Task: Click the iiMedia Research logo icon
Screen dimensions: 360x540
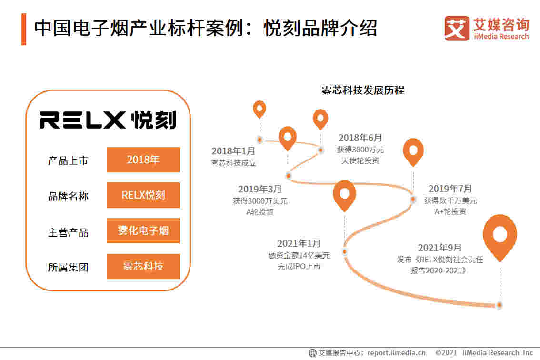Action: click(456, 29)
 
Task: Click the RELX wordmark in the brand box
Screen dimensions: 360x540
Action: click(82, 120)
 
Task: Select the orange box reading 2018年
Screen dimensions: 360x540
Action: click(143, 160)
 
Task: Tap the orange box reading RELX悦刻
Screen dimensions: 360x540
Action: click(143, 195)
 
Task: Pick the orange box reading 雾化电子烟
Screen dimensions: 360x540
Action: click(143, 231)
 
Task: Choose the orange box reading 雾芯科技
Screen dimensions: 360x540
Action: click(143, 266)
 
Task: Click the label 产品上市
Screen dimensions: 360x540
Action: click(68, 160)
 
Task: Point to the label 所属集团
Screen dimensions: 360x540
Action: click(68, 267)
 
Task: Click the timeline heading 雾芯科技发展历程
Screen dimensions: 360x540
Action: click(363, 90)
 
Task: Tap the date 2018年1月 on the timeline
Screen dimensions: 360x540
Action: click(233, 151)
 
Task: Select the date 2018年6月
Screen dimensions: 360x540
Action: click(360, 138)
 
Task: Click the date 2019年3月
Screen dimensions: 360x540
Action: click(260, 189)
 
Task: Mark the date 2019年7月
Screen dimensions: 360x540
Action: click(450, 189)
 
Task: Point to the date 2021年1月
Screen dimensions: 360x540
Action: click(299, 243)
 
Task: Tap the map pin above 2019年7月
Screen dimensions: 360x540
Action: click(413, 151)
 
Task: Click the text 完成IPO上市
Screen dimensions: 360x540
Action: click(299, 267)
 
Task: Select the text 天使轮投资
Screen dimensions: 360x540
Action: click(360, 161)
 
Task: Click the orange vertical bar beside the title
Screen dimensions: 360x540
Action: click(24, 29)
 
